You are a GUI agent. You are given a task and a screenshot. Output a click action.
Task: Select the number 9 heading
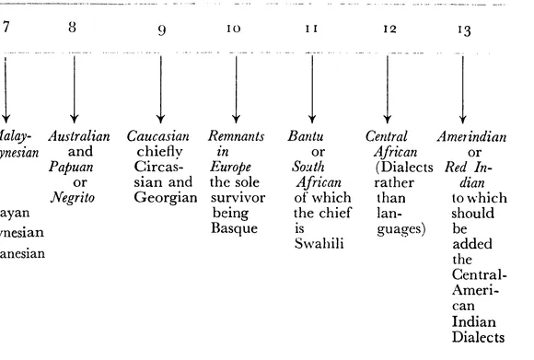(x=162, y=29)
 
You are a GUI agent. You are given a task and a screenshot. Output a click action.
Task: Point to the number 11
(x=311, y=29)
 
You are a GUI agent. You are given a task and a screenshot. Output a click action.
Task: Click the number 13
(x=465, y=29)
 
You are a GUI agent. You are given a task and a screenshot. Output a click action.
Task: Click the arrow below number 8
(x=73, y=87)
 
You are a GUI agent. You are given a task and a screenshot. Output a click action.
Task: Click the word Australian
(x=76, y=137)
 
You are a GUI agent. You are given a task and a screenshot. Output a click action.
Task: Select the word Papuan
(x=65, y=168)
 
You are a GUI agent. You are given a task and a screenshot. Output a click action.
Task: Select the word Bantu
(x=305, y=137)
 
